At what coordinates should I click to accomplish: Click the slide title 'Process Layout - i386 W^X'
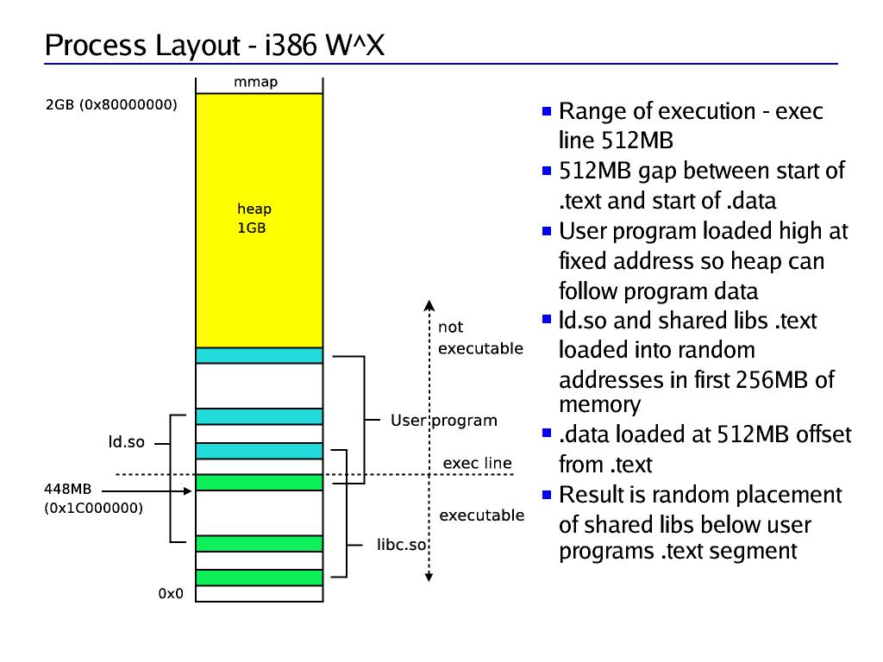[x=214, y=46]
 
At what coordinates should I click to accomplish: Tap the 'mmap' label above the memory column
[x=256, y=84]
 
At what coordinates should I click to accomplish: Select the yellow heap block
[x=259, y=220]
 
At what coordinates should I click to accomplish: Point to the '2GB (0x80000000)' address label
[x=111, y=106]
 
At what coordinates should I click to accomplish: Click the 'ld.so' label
[x=126, y=443]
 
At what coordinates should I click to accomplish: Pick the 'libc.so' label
[x=403, y=546]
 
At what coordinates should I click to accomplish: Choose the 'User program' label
[x=444, y=421]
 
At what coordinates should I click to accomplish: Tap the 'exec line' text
[x=477, y=464]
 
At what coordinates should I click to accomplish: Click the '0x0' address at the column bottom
[x=171, y=594]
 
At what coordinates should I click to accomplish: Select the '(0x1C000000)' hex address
[x=93, y=509]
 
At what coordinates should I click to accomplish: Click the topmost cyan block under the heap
[x=259, y=355]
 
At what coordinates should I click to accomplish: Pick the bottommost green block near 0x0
[x=259, y=577]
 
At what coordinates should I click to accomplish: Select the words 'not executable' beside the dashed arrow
[x=480, y=338]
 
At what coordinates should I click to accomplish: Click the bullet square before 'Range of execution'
[x=547, y=111]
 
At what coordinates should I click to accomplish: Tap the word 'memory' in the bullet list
[x=599, y=405]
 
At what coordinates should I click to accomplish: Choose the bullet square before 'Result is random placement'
[x=547, y=495]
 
